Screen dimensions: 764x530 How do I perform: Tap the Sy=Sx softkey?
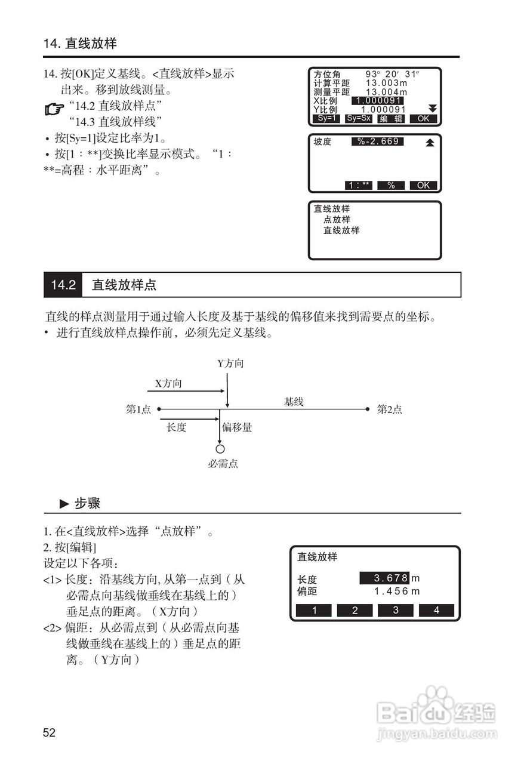point(359,118)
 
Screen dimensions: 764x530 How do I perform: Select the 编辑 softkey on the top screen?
point(391,118)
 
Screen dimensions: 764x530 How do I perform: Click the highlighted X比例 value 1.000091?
point(378,100)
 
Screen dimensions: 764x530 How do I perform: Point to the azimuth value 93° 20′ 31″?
point(393,74)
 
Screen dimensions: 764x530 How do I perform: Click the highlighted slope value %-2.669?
point(378,141)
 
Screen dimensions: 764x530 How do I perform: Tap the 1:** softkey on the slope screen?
point(359,185)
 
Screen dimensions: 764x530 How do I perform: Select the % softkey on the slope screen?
point(391,185)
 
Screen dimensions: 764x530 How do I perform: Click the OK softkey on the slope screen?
point(423,185)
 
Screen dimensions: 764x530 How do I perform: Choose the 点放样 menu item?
point(337,220)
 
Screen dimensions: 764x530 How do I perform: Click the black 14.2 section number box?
point(63,285)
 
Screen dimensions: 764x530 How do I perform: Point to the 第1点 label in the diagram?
point(138,409)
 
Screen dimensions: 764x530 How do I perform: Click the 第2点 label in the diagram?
point(389,409)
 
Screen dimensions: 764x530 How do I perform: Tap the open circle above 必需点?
point(220,449)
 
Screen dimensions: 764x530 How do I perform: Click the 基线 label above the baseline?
point(294,402)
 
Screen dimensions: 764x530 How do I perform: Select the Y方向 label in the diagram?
point(230,363)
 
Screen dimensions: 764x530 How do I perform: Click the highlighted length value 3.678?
point(384,578)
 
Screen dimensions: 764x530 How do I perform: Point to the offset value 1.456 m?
point(397,592)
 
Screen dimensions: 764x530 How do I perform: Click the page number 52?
point(49,732)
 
